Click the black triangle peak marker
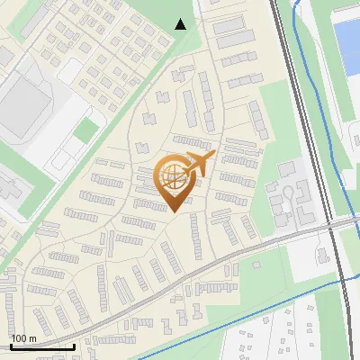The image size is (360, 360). click(181, 24)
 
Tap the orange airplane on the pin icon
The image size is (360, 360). click(200, 164)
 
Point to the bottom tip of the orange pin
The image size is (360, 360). click(173, 212)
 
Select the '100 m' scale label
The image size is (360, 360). click(24, 338)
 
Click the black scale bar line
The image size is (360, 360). click(42, 346)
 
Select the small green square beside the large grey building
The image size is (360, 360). click(85, 131)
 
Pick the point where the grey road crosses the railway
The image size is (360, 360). click(329, 225)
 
